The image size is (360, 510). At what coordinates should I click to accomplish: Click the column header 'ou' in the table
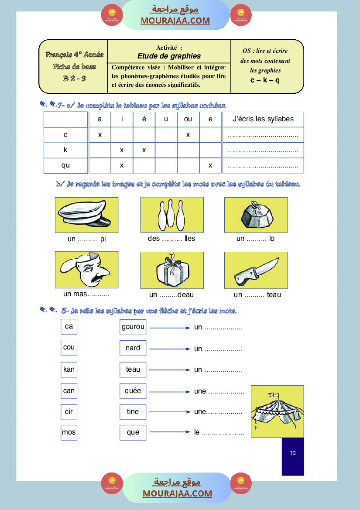click(x=188, y=120)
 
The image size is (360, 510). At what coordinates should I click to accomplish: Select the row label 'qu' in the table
click(x=65, y=165)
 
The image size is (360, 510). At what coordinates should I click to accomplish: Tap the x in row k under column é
click(x=144, y=150)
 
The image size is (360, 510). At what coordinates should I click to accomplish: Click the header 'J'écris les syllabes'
click(x=263, y=119)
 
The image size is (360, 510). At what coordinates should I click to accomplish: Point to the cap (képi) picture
click(x=86, y=215)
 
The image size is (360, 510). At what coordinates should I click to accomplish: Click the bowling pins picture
click(x=172, y=215)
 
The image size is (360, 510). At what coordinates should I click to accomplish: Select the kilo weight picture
click(x=256, y=215)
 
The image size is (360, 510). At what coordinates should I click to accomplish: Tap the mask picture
click(x=86, y=270)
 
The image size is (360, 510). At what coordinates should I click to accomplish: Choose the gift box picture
click(x=172, y=270)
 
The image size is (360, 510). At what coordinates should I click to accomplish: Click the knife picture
click(x=256, y=270)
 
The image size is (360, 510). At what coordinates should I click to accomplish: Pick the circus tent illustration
click(x=277, y=411)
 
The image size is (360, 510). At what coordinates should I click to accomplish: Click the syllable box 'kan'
click(x=69, y=370)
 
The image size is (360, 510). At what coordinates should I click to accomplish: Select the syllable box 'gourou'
click(x=133, y=327)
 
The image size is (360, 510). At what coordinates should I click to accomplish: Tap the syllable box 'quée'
click(x=133, y=391)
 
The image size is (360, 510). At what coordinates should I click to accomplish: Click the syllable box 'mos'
click(x=69, y=432)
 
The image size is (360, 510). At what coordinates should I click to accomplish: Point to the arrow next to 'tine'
click(x=170, y=411)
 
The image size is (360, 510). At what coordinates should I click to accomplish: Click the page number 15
click(x=292, y=453)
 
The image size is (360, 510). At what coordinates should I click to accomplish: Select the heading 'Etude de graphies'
click(x=169, y=56)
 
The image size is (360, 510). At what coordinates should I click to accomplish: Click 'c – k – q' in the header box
click(x=265, y=80)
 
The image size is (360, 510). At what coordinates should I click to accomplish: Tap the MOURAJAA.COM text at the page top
click(x=175, y=21)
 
